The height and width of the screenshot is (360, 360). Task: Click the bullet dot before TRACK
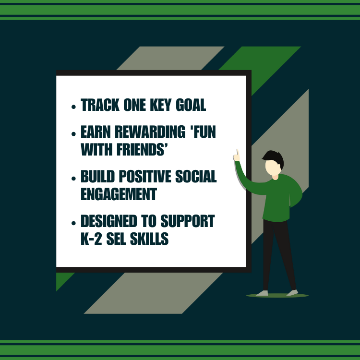73,107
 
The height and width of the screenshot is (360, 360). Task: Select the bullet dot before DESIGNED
73,223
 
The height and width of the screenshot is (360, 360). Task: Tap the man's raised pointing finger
237,153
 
